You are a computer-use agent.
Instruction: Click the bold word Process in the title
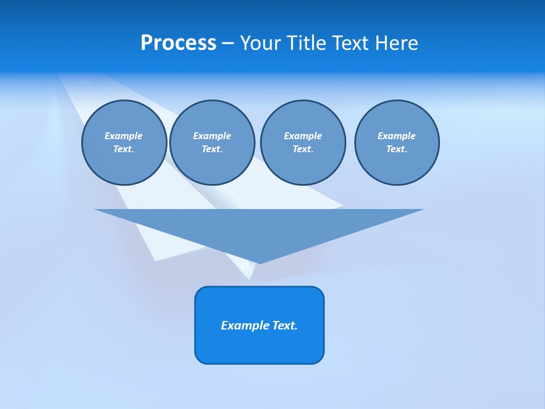178,43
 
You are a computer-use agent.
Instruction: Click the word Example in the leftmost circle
124,136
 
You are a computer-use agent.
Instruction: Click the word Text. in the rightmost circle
396,149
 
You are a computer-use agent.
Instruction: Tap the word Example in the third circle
303,136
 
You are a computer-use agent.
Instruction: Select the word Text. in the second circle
212,149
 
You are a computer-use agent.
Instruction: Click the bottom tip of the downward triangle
259,262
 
